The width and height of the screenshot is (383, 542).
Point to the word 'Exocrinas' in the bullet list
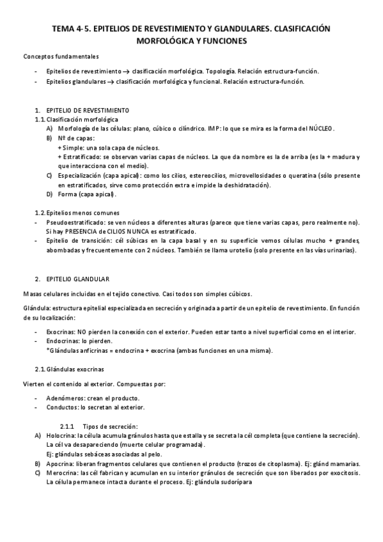61,332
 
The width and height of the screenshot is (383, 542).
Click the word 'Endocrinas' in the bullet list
63,341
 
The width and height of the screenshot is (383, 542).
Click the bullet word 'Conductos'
62,407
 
